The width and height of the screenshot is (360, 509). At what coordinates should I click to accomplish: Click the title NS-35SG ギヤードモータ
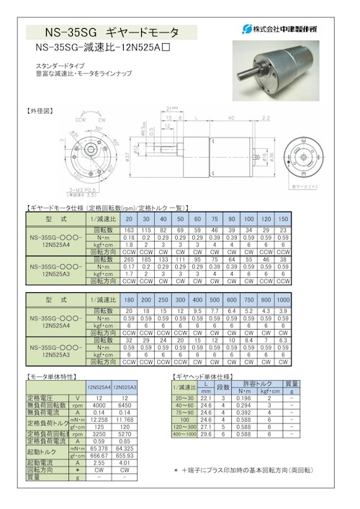point(112,32)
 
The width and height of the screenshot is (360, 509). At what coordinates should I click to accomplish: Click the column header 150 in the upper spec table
point(283,219)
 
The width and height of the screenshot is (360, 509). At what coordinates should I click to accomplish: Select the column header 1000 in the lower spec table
point(283,299)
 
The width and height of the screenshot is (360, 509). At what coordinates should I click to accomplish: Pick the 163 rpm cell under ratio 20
point(130,228)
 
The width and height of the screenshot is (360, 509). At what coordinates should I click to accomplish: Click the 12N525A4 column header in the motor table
point(99,387)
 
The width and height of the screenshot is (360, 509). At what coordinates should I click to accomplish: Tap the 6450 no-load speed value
point(124,405)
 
